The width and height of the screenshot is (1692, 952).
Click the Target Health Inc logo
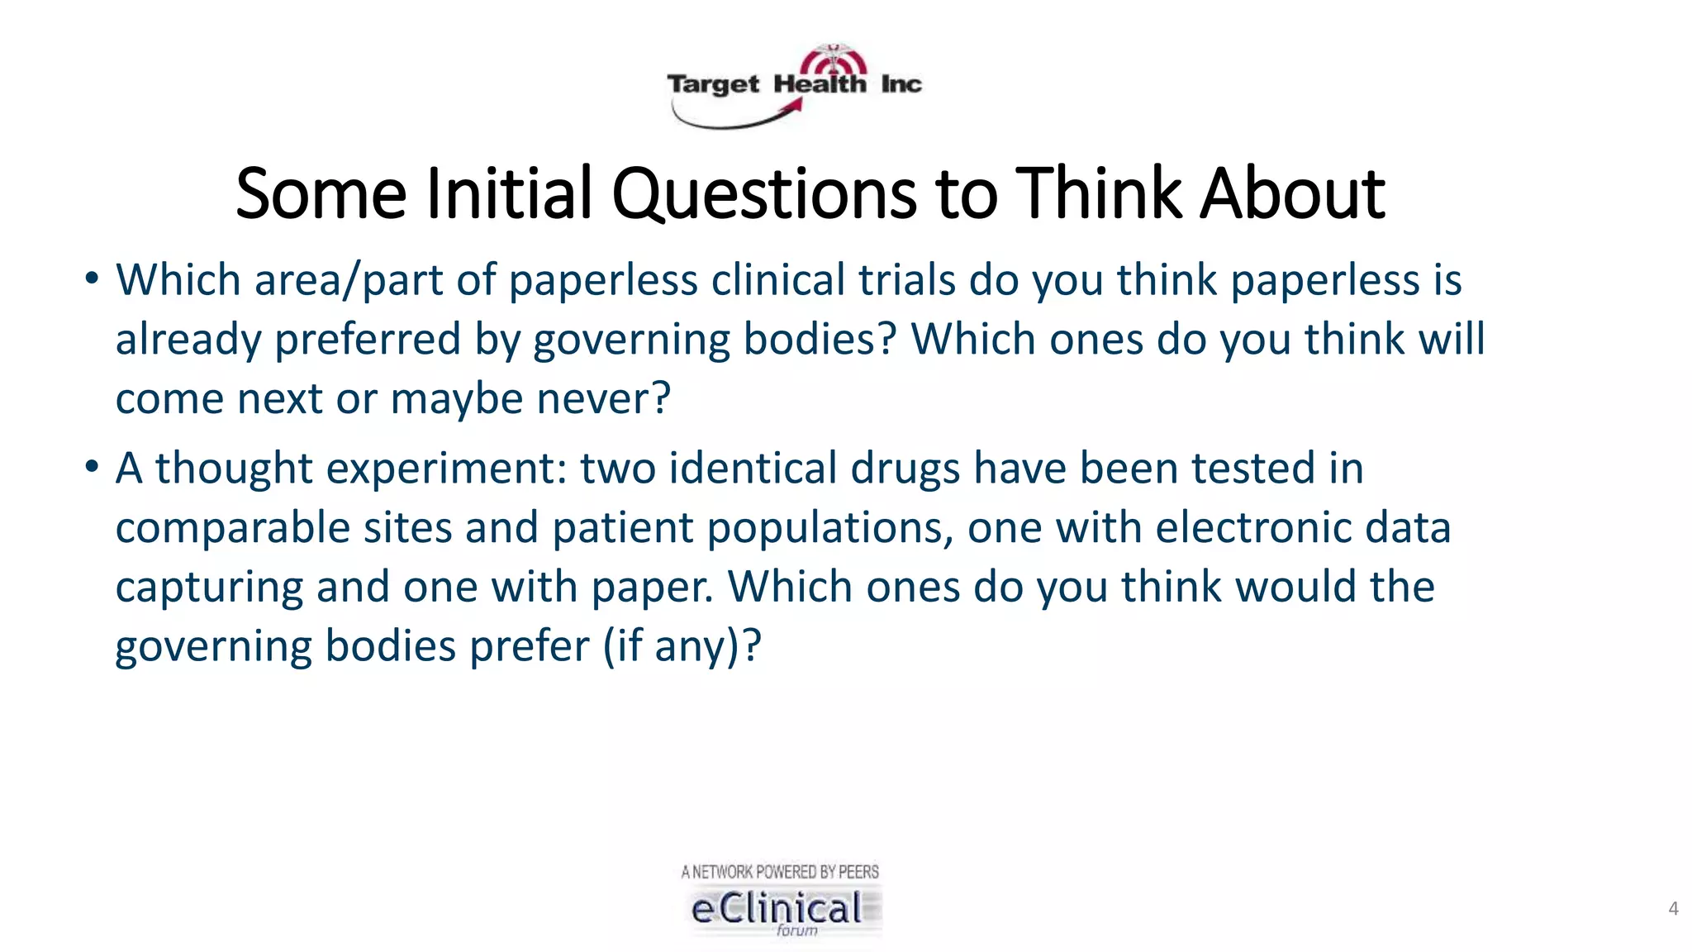click(x=794, y=86)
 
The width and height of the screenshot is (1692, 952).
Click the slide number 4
click(x=1673, y=909)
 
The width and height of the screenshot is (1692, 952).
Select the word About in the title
click(x=1292, y=195)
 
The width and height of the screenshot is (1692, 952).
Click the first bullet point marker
click(x=92, y=278)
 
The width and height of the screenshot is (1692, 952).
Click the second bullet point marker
click(x=92, y=467)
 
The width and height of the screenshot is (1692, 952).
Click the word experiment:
click(x=446, y=469)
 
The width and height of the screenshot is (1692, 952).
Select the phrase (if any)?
click(x=682, y=647)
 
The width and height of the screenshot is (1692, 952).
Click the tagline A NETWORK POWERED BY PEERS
click(x=780, y=872)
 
